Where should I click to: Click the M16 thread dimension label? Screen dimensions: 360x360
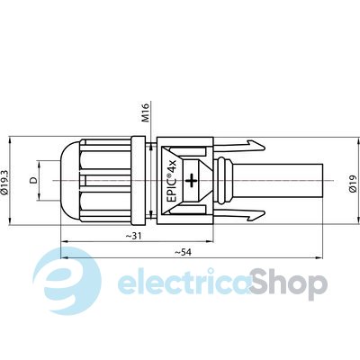(x=146, y=112)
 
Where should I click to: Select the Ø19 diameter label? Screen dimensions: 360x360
(x=353, y=184)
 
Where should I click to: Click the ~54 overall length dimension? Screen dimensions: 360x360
(x=183, y=253)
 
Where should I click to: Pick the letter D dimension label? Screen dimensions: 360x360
(x=34, y=180)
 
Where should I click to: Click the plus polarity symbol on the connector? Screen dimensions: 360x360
(x=192, y=181)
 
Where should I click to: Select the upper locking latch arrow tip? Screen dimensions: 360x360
(x=264, y=147)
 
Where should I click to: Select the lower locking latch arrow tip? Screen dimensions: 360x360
(x=264, y=214)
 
